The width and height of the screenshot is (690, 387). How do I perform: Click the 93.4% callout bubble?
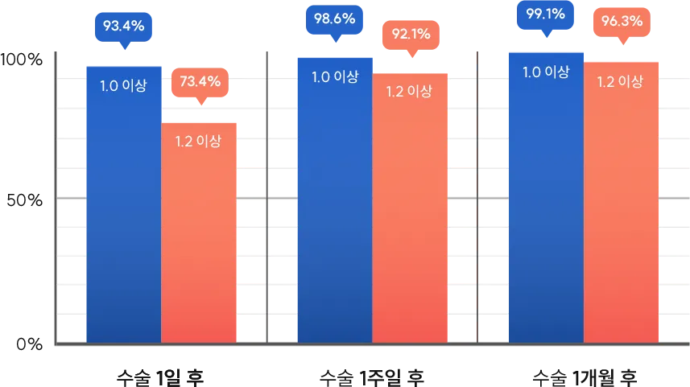pos(123,26)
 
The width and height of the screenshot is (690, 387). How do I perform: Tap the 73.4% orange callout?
pos(200,81)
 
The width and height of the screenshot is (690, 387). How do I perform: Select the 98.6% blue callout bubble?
pos(334,19)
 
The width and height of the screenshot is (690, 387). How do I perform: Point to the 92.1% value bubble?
pos(411,35)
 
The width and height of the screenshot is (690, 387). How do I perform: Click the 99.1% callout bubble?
pos(545,14)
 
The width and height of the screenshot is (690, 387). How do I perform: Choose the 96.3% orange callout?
pos(622,22)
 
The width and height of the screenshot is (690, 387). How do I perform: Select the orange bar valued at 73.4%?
pos(199,241)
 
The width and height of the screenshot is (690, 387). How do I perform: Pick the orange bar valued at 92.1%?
pos(410,217)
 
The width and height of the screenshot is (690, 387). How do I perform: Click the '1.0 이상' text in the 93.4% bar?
pos(123,85)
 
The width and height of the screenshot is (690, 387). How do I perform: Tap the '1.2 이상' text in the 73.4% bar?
pos(198,141)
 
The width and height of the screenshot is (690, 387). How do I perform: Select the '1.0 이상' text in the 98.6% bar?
pos(334,77)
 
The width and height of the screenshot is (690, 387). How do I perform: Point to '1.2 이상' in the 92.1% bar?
pos(410,91)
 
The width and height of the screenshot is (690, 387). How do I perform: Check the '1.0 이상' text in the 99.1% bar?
pos(546,72)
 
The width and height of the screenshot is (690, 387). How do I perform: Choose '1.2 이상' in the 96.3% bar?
pos(620,80)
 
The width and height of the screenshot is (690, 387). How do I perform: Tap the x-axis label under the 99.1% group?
pos(584,376)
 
